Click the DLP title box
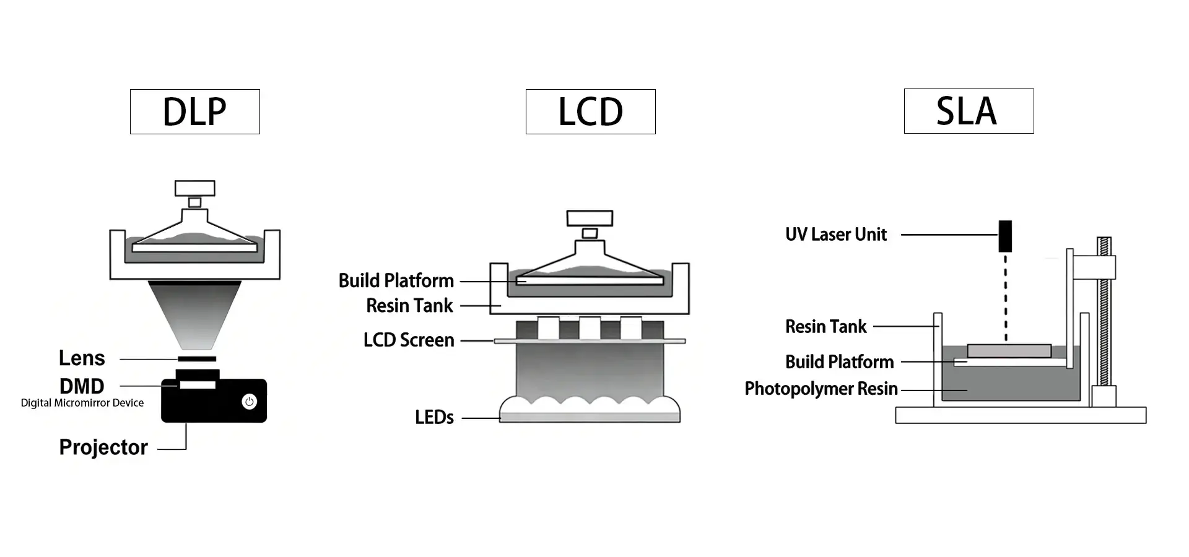(194, 112)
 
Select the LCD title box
(590, 112)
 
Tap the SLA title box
(969, 111)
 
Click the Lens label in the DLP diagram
(82, 358)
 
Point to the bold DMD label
(82, 386)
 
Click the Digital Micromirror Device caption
(82, 403)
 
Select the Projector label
(103, 447)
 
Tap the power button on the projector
(249, 402)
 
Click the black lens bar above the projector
(197, 359)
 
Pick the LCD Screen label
(409, 340)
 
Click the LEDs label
(434, 418)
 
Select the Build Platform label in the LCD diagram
(396, 281)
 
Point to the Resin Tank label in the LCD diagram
(409, 306)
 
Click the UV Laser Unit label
(836, 235)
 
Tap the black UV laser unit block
(1005, 236)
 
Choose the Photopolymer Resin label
(821, 389)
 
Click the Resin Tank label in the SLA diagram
(825, 327)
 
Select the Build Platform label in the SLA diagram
(839, 362)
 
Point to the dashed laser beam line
(1006, 297)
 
